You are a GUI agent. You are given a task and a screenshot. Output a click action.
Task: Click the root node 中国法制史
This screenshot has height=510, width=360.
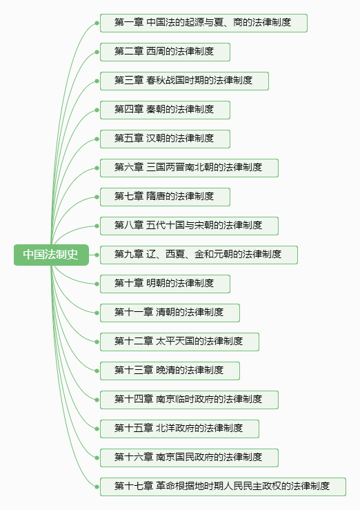pyautogui.click(x=51, y=255)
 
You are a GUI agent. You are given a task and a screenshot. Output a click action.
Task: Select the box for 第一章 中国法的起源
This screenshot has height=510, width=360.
pyautogui.click(x=203, y=23)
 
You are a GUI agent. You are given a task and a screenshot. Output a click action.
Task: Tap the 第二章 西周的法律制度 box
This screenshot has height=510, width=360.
pyautogui.click(x=165, y=52)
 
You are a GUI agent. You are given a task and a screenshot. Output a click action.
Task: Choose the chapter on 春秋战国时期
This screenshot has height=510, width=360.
pyautogui.click(x=184, y=81)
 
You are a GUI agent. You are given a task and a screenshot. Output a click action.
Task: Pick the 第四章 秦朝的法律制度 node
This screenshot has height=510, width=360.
pyautogui.click(x=165, y=110)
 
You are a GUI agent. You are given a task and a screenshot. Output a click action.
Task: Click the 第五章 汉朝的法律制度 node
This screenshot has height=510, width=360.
pyautogui.click(x=165, y=139)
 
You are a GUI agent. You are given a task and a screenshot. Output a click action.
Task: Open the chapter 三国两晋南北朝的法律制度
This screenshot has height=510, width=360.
pyautogui.click(x=189, y=168)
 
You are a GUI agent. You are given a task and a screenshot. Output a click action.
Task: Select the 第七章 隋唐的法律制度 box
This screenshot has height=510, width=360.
pyautogui.click(x=165, y=197)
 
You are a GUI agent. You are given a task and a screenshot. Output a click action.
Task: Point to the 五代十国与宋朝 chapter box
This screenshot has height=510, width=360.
pyautogui.click(x=189, y=226)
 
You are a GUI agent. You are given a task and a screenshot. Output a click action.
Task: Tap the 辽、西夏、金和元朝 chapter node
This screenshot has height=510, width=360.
pyautogui.click(x=199, y=255)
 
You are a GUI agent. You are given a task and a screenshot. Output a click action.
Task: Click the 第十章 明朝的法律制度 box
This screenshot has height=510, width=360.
pyautogui.click(x=165, y=284)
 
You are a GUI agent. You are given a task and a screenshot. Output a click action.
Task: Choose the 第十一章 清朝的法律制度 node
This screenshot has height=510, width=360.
pyautogui.click(x=170, y=313)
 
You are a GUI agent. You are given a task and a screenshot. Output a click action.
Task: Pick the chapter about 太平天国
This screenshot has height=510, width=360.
pyautogui.click(x=180, y=342)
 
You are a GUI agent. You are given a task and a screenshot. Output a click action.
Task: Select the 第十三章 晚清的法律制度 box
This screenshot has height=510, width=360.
pyautogui.click(x=170, y=371)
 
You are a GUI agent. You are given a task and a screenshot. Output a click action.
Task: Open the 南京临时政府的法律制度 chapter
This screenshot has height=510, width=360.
pyautogui.click(x=189, y=400)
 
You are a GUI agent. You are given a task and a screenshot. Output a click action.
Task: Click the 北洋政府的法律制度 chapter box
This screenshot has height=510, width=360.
pyautogui.click(x=180, y=429)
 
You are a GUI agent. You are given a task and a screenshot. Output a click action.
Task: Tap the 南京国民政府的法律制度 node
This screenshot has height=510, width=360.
pyautogui.click(x=189, y=458)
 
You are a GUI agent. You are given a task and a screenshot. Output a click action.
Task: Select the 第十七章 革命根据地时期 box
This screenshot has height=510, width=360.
pyautogui.click(x=223, y=487)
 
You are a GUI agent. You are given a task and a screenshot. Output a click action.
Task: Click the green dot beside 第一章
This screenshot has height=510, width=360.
pyautogui.click(x=97, y=23)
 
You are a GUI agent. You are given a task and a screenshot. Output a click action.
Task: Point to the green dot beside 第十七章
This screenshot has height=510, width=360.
pyautogui.click(x=97, y=487)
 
